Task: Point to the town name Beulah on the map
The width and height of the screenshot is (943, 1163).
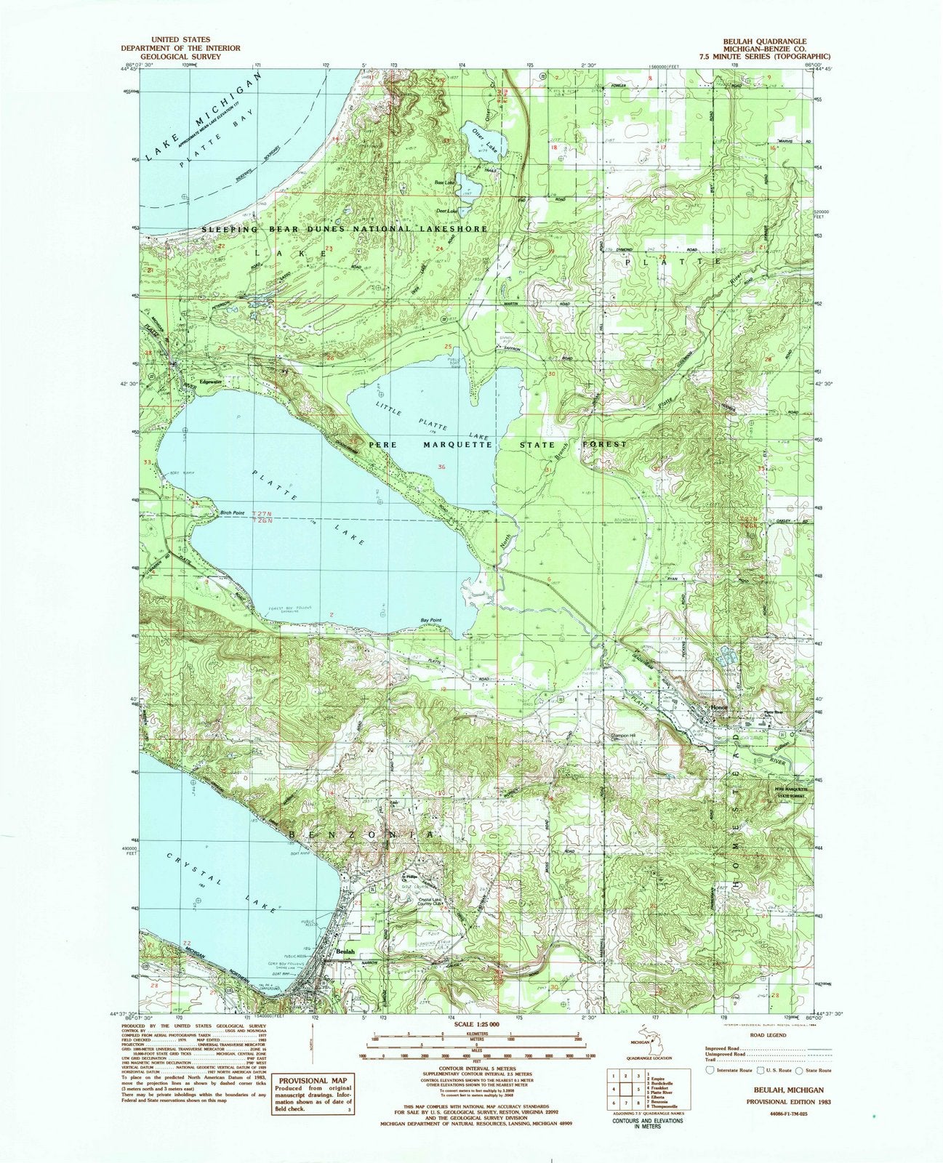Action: [x=344, y=951]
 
